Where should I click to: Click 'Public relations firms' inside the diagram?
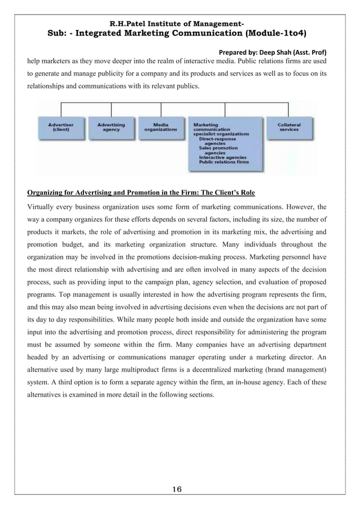tap(223, 162)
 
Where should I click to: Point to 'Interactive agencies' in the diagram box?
tap(221, 157)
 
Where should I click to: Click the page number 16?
tap(180, 487)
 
